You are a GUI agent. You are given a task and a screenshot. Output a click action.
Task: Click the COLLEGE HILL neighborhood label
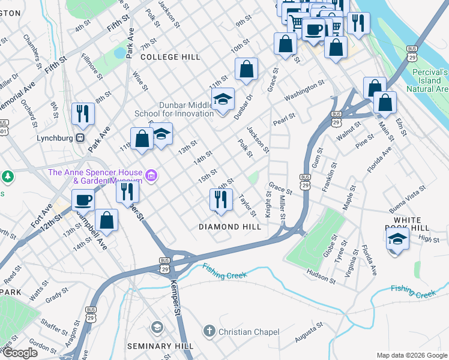[170, 57]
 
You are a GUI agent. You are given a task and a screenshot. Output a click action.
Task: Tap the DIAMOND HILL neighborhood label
[230, 227]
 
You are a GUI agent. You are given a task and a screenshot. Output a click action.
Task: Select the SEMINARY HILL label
[160, 346]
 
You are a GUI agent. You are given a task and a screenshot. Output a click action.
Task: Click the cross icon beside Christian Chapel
[209, 331]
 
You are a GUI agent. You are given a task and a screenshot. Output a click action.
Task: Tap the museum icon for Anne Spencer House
[152, 176]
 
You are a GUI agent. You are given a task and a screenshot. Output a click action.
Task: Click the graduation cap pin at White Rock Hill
[397, 238]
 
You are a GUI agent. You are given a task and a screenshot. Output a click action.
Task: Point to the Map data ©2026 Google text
[412, 355]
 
